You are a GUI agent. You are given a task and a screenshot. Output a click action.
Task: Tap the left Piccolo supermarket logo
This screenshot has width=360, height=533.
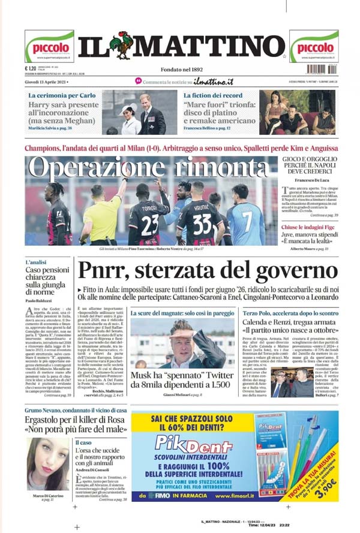pos(49,46)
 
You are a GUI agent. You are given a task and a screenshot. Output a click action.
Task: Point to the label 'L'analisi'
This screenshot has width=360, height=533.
pos(36,263)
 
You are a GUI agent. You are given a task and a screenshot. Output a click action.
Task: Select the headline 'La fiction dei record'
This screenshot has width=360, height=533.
pos(213,95)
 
